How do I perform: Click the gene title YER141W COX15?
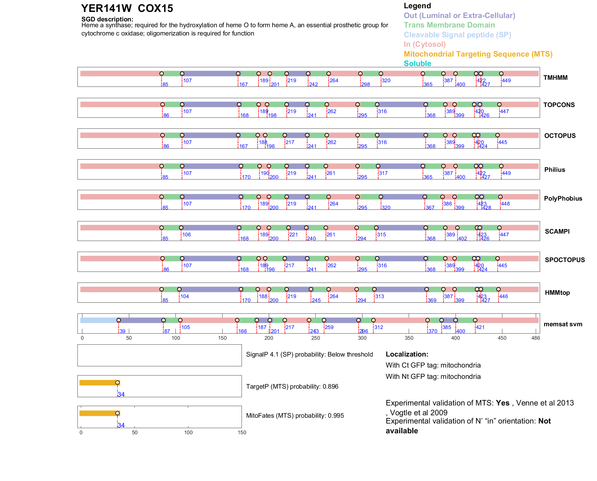(127, 9)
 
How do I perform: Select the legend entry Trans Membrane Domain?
(449, 25)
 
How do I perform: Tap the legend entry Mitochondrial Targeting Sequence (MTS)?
(478, 54)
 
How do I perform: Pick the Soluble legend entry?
(417, 64)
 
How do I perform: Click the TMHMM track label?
(555, 78)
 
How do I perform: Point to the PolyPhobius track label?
(563, 198)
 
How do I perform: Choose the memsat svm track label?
(563, 324)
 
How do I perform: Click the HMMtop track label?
(557, 293)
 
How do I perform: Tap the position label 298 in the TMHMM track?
(366, 85)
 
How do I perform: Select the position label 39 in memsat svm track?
(122, 331)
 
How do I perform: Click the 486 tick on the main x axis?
(536, 338)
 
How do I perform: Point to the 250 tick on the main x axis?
(316, 338)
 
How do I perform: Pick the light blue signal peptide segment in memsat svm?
(99, 320)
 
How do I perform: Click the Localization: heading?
(407, 354)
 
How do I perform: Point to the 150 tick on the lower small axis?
(242, 432)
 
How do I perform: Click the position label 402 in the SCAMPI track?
(462, 239)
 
